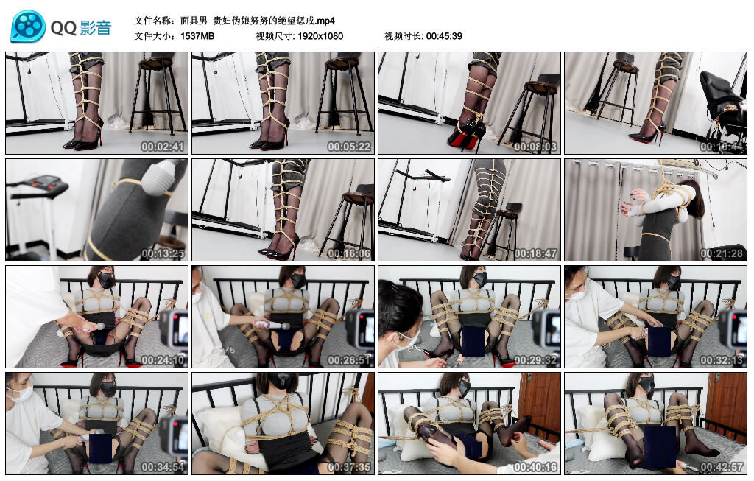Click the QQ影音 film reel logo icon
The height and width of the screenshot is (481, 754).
point(28,27)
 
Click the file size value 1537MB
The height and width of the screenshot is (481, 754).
point(197,36)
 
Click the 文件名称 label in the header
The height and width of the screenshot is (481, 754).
point(154,20)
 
